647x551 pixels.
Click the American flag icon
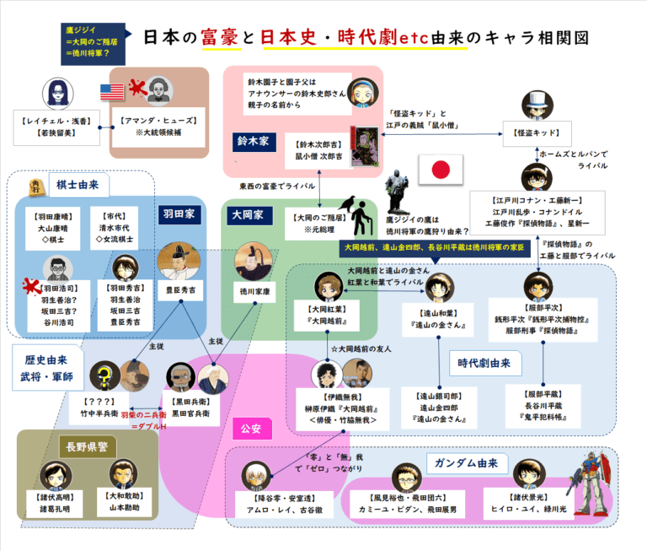pyautogui.click(x=111, y=91)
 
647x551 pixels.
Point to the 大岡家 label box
pyautogui.click(x=248, y=215)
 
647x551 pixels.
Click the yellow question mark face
pyautogui.click(x=104, y=372)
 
